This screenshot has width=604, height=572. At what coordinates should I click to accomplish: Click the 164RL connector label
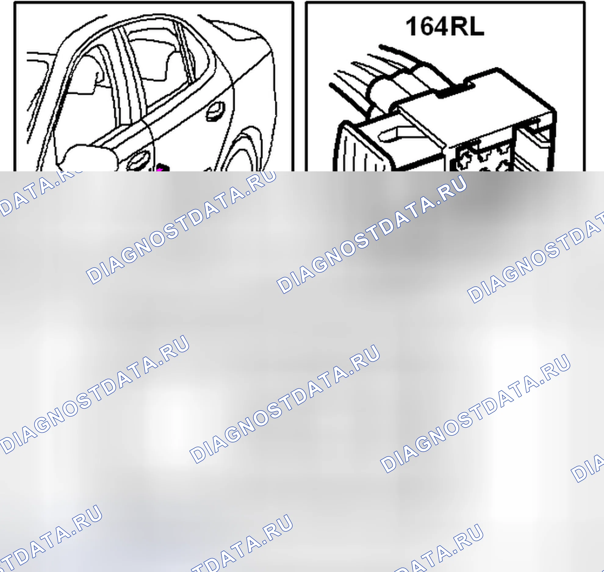point(445,27)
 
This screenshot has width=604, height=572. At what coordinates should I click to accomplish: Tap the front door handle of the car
point(139,161)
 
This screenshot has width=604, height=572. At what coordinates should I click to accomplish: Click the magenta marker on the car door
point(161,168)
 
